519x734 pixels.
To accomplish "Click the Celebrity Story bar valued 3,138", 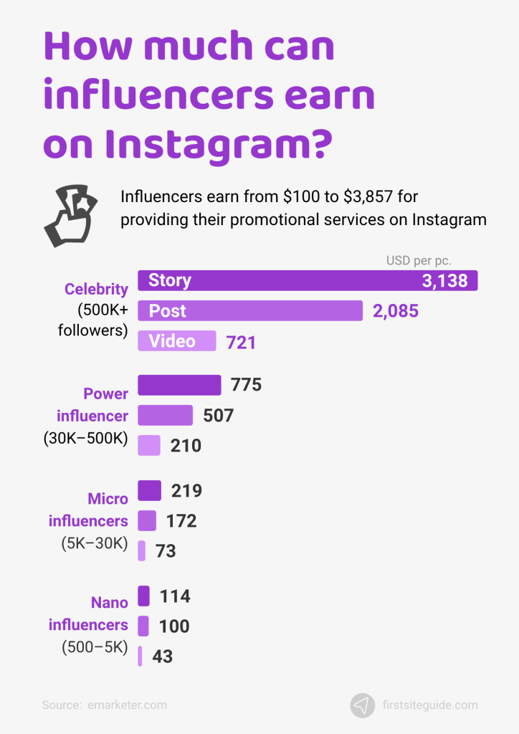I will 308,280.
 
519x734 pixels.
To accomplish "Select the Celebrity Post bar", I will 250,310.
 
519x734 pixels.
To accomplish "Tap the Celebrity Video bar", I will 176,340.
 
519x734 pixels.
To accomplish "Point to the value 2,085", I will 395,311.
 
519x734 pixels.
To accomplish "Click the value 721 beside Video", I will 241,342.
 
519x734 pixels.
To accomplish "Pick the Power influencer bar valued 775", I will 179,385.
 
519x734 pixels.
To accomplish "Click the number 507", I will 218,416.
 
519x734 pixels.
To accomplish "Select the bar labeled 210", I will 149,445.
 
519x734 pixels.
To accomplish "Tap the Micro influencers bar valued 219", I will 149,490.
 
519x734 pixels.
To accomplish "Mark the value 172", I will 181,521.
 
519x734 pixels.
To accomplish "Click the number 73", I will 166,551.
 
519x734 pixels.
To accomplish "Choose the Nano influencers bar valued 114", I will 143,596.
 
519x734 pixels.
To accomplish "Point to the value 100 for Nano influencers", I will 174,626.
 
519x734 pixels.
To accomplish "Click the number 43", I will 163,656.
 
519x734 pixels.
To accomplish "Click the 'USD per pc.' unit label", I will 419,261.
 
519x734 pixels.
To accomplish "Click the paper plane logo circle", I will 363,705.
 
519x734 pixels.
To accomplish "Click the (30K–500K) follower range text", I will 86,438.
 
